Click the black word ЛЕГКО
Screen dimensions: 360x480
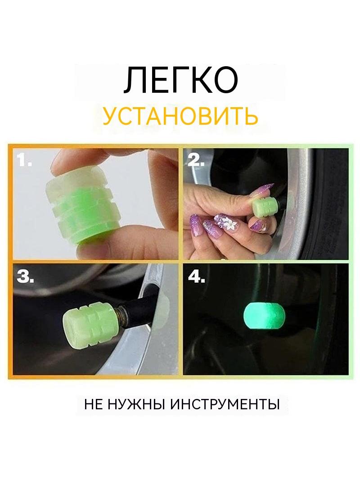pos(180,80)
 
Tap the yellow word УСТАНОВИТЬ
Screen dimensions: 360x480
pos(180,117)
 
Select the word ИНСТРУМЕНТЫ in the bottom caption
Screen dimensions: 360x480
pos(225,404)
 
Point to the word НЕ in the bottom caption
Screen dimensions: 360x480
pos(94,404)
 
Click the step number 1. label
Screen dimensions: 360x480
pos(24,159)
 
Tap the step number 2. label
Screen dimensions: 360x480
pos(196,159)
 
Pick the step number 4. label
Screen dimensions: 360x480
pos(196,276)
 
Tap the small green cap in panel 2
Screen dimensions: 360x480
pos(263,205)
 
